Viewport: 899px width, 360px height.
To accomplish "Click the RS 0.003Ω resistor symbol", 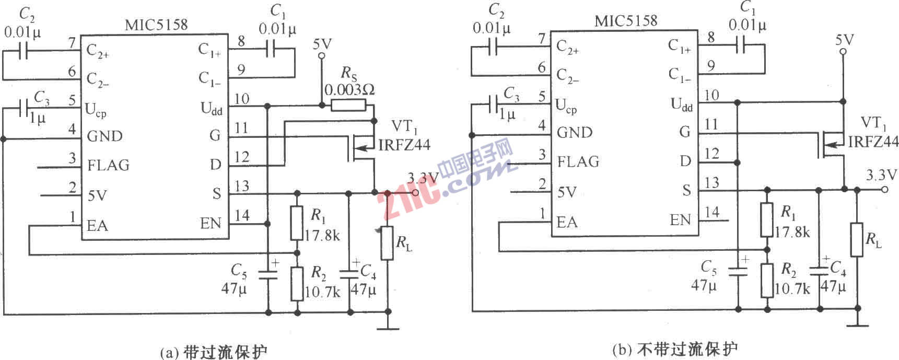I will [x=348, y=106].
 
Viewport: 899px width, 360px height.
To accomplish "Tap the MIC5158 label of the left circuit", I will [x=156, y=25].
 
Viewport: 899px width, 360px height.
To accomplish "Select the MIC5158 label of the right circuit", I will [x=626, y=21].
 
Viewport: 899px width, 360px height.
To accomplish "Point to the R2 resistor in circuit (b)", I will [x=766, y=280].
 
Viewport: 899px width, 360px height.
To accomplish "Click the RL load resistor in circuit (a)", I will [x=387, y=243].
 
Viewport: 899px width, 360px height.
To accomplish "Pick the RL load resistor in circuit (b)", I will [x=857, y=239].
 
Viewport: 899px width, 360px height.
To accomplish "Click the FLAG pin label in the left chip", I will [x=108, y=165].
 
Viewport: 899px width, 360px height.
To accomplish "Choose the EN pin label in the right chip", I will [x=681, y=220].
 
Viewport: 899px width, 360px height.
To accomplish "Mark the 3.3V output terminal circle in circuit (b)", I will [x=884, y=189].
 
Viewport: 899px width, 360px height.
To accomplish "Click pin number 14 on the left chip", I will [x=242, y=215].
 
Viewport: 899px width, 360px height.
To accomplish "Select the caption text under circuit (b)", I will [x=674, y=349].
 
